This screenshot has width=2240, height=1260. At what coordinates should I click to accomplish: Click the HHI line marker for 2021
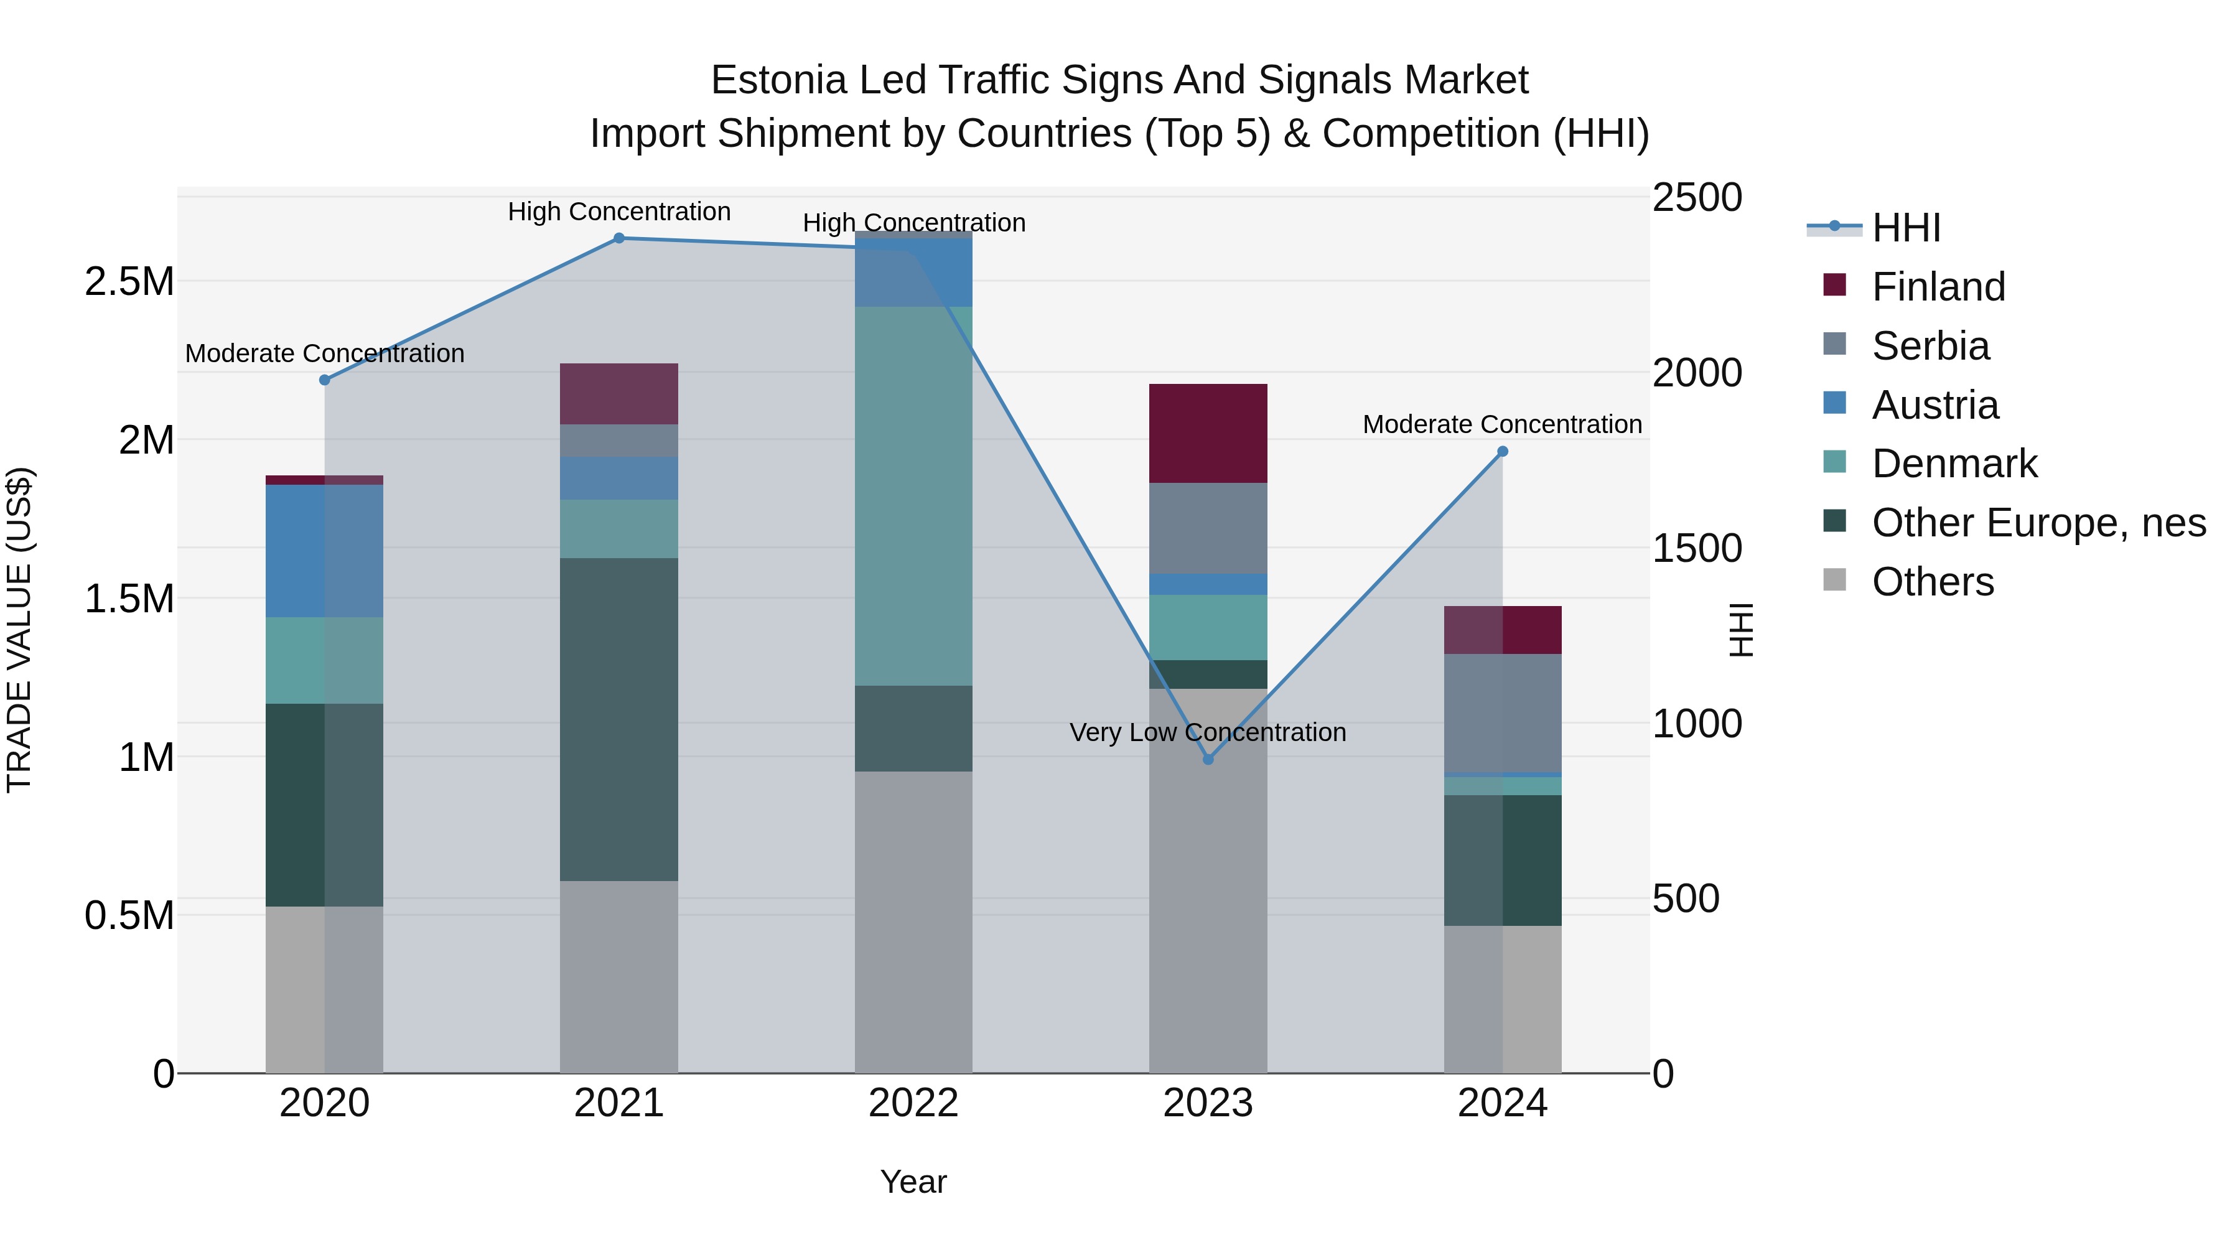pos(619,238)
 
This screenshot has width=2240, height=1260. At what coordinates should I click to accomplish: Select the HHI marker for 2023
pos(1208,759)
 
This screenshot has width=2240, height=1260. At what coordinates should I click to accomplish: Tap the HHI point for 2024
pos(1502,451)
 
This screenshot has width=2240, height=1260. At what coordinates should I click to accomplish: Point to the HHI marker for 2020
pos(324,380)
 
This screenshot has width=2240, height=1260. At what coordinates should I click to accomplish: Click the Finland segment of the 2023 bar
pos(1208,433)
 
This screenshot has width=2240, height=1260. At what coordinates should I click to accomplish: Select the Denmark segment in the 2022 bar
pos(913,496)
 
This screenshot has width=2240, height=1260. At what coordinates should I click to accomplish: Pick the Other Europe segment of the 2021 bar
pos(618,719)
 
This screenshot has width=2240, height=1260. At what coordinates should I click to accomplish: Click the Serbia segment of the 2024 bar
pos(1502,713)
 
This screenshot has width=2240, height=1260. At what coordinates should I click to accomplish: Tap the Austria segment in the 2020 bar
pos(324,551)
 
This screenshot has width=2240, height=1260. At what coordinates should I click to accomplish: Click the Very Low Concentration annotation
pos(1208,732)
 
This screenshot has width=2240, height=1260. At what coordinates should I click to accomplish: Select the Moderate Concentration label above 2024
pos(1502,424)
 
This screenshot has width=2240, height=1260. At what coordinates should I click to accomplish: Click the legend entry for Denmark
pos(1953,464)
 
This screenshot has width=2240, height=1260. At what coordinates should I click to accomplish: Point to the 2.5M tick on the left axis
pos(129,282)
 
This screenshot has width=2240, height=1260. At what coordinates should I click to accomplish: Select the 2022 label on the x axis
pos(913,1103)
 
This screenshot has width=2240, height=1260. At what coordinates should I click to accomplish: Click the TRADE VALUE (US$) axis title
pos(19,630)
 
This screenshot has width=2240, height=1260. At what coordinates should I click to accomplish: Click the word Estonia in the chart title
pos(778,81)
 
